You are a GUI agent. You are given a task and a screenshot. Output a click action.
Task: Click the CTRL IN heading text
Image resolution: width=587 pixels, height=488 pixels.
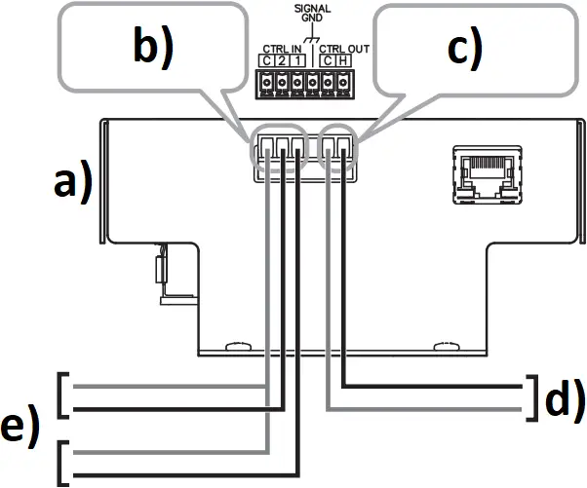282,49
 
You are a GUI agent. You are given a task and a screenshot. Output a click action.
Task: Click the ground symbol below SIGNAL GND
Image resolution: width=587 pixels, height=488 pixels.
311,40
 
